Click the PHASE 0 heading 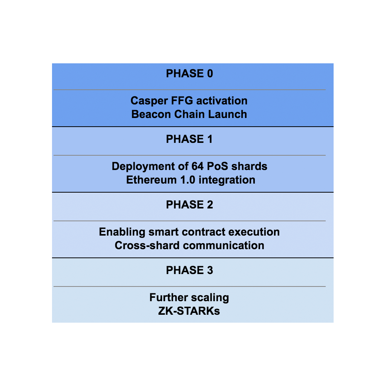click(189, 74)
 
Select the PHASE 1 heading click(189, 139)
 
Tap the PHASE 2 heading click(189, 205)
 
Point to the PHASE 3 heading click(189, 270)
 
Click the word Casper click(147, 101)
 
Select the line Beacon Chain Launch click(189, 114)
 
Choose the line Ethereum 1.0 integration click(191, 180)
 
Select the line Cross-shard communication click(189, 245)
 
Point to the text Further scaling click(189, 297)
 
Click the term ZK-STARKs click(189, 311)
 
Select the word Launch click(229, 114)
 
